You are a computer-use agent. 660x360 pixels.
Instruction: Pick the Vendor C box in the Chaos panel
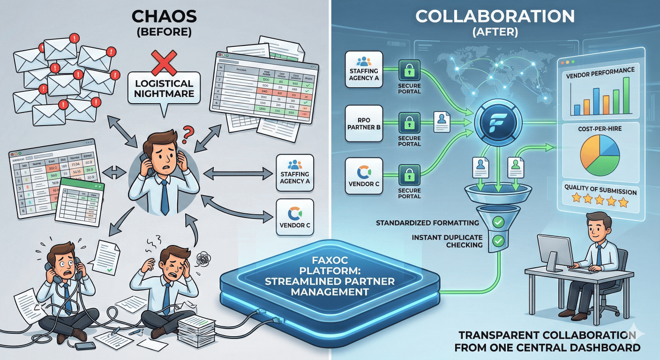click(x=294, y=217)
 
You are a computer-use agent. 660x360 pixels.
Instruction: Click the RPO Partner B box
click(x=364, y=124)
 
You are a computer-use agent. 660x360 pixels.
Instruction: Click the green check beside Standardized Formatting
click(x=498, y=222)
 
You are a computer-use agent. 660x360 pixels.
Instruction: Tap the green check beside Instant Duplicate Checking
click(x=498, y=241)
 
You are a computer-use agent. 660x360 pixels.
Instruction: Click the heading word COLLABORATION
click(x=495, y=16)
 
